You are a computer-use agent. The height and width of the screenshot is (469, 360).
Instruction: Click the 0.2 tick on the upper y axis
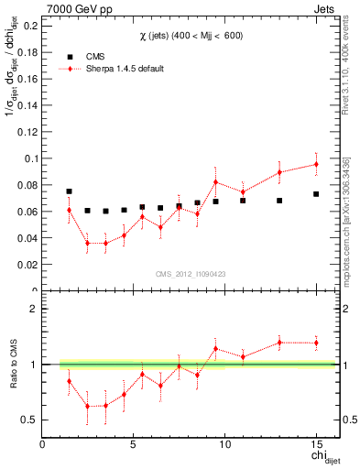(29, 26)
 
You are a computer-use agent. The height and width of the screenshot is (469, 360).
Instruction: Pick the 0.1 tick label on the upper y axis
(29, 158)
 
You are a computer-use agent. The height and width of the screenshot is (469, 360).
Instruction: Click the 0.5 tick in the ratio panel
(29, 420)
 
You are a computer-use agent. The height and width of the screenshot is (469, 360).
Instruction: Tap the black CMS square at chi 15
(315, 194)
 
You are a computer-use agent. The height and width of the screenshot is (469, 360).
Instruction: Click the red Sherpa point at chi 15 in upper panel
(315, 164)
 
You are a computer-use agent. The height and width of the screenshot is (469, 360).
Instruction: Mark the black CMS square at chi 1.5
(69, 191)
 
